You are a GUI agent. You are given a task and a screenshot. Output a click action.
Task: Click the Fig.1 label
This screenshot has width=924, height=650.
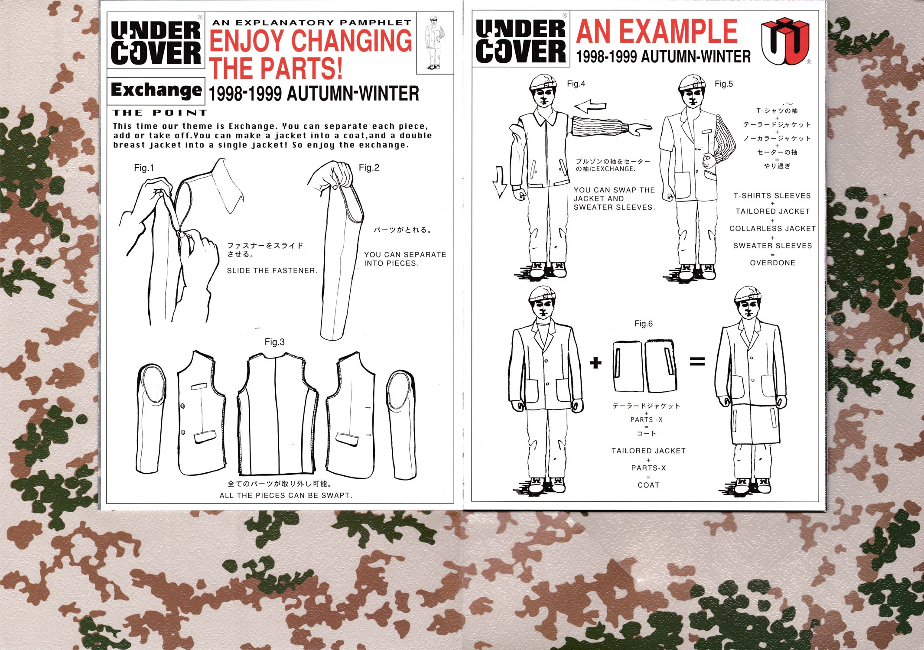click(144, 168)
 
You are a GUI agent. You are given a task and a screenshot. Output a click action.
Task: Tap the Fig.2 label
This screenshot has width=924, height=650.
click(369, 168)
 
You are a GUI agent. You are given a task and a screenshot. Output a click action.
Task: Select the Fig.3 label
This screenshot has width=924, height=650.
click(275, 342)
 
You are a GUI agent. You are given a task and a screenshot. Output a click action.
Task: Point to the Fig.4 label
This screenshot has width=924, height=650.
click(576, 84)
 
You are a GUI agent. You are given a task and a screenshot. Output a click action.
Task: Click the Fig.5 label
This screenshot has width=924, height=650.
click(724, 84)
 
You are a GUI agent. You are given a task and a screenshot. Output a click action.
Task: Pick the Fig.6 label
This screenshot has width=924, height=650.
click(644, 324)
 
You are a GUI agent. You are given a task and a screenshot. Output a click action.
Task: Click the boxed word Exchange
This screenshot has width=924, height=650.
click(156, 90)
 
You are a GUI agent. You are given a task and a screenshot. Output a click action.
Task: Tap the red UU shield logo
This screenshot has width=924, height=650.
click(785, 41)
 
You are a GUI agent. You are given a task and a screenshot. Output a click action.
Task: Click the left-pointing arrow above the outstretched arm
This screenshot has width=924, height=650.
click(590, 106)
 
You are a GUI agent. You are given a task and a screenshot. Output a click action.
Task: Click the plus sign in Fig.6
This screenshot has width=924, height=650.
click(595, 362)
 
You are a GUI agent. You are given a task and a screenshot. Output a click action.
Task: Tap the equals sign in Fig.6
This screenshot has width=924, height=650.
click(697, 361)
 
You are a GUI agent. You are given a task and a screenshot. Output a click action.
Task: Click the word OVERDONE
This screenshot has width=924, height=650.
click(773, 263)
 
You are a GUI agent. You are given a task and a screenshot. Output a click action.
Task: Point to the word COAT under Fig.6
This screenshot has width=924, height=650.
click(648, 485)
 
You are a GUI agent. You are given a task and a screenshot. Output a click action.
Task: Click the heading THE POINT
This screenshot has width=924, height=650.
click(159, 113)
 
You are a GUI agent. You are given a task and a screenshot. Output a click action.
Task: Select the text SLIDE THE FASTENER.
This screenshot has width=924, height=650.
click(272, 271)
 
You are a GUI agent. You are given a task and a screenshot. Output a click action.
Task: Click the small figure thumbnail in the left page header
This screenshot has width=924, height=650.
click(434, 43)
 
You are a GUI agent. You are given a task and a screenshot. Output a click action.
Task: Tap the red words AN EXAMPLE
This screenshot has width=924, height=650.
click(657, 31)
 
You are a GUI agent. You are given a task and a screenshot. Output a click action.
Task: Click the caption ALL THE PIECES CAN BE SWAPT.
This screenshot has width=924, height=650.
click(286, 495)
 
